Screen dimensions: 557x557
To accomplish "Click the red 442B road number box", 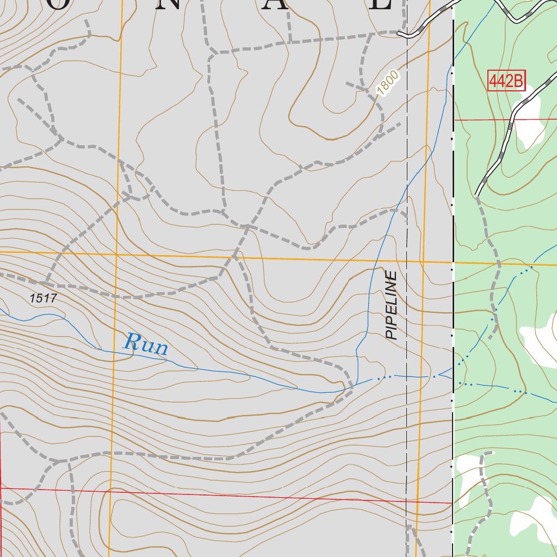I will tap(506, 81).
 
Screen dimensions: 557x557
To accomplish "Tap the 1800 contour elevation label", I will tap(387, 84).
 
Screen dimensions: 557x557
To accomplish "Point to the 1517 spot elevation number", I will tap(44, 298).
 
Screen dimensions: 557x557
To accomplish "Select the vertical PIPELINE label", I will tap(392, 305).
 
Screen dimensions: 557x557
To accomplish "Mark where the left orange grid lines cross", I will tap(116, 254).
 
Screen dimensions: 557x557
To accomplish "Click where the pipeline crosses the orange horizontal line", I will tap(407, 261).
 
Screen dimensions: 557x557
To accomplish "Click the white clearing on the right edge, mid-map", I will tap(541, 337).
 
